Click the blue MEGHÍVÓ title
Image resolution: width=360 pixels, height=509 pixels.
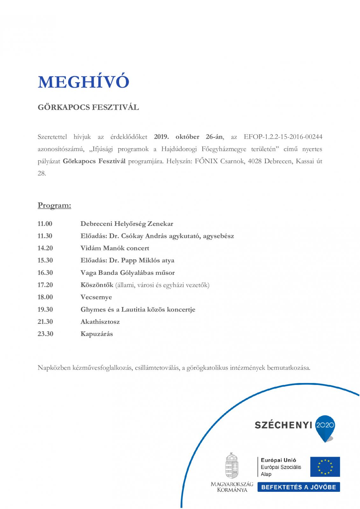click(x=83, y=82)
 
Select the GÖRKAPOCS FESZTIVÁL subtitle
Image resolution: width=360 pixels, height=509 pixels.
click(x=88, y=107)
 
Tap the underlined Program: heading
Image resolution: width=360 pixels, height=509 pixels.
click(x=54, y=206)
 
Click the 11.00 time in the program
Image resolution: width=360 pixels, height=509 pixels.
click(x=45, y=224)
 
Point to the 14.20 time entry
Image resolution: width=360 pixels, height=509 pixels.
click(x=45, y=248)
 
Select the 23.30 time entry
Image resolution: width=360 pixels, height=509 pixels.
click(x=45, y=334)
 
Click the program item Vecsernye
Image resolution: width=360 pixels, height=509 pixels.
click(x=96, y=297)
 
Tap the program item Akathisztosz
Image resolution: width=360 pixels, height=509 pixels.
click(x=100, y=322)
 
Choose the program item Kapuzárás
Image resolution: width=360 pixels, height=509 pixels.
click(x=96, y=334)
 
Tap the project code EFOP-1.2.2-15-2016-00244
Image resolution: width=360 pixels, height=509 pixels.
click(x=283, y=137)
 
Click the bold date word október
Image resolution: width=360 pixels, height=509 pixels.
click(x=187, y=137)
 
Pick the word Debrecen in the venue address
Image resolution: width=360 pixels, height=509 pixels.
click(x=278, y=161)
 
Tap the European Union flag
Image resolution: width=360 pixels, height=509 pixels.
click(x=325, y=467)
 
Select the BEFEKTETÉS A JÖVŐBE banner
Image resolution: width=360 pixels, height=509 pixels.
click(x=299, y=487)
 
